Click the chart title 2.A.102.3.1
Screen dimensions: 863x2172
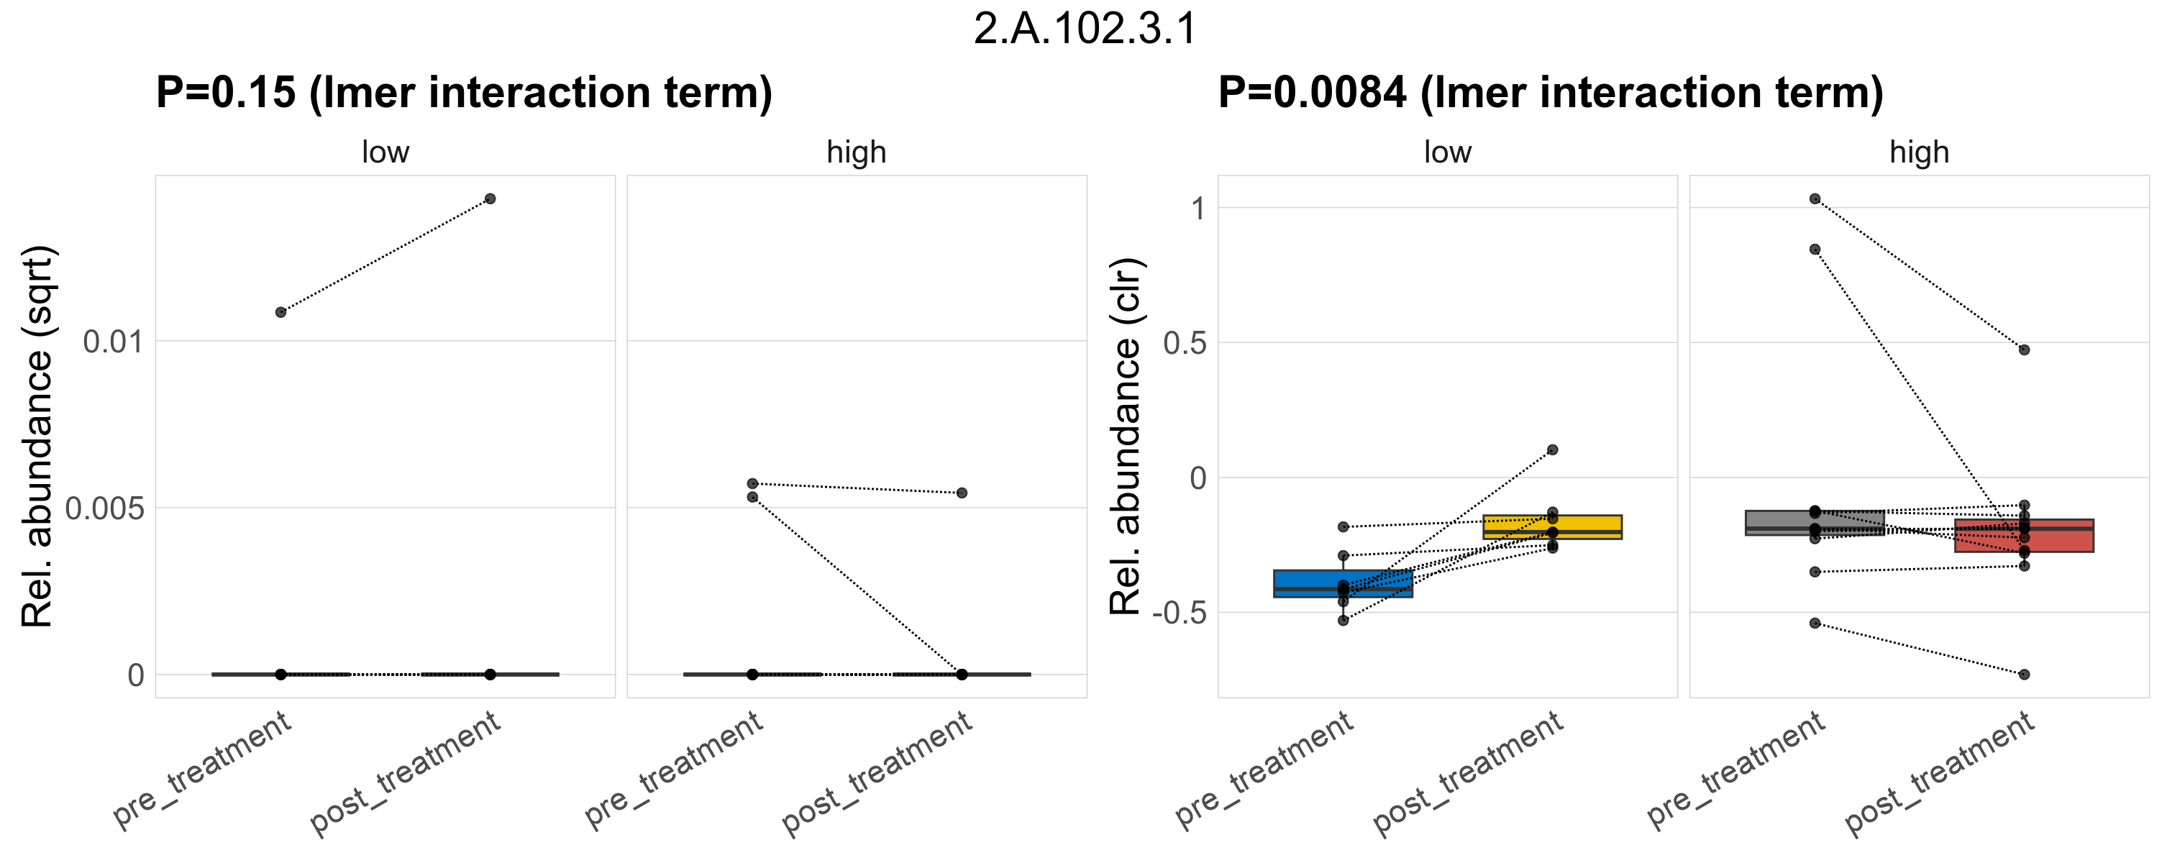[x=1085, y=29]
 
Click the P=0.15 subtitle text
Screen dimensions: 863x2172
[x=464, y=93]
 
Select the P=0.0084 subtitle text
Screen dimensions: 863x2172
[x=1550, y=93]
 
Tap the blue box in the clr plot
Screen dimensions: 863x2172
[x=1342, y=583]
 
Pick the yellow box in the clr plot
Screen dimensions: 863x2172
[x=1552, y=526]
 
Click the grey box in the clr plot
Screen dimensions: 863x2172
[x=1815, y=523]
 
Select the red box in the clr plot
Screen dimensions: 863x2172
[x=2024, y=536]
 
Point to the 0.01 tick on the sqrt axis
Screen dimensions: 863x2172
[x=113, y=342]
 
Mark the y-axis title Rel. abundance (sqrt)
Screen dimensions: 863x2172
[x=38, y=437]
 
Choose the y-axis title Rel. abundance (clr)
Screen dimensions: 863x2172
[x=1126, y=437]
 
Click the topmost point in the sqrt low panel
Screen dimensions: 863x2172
[x=490, y=199]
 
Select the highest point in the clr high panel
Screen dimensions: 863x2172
[x=1815, y=199]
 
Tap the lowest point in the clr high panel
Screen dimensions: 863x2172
[x=2024, y=675]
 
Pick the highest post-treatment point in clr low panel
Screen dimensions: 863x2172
[x=1552, y=450]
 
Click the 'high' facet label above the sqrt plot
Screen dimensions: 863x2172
[x=856, y=152]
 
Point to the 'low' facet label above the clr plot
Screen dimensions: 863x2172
[x=1447, y=152]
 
